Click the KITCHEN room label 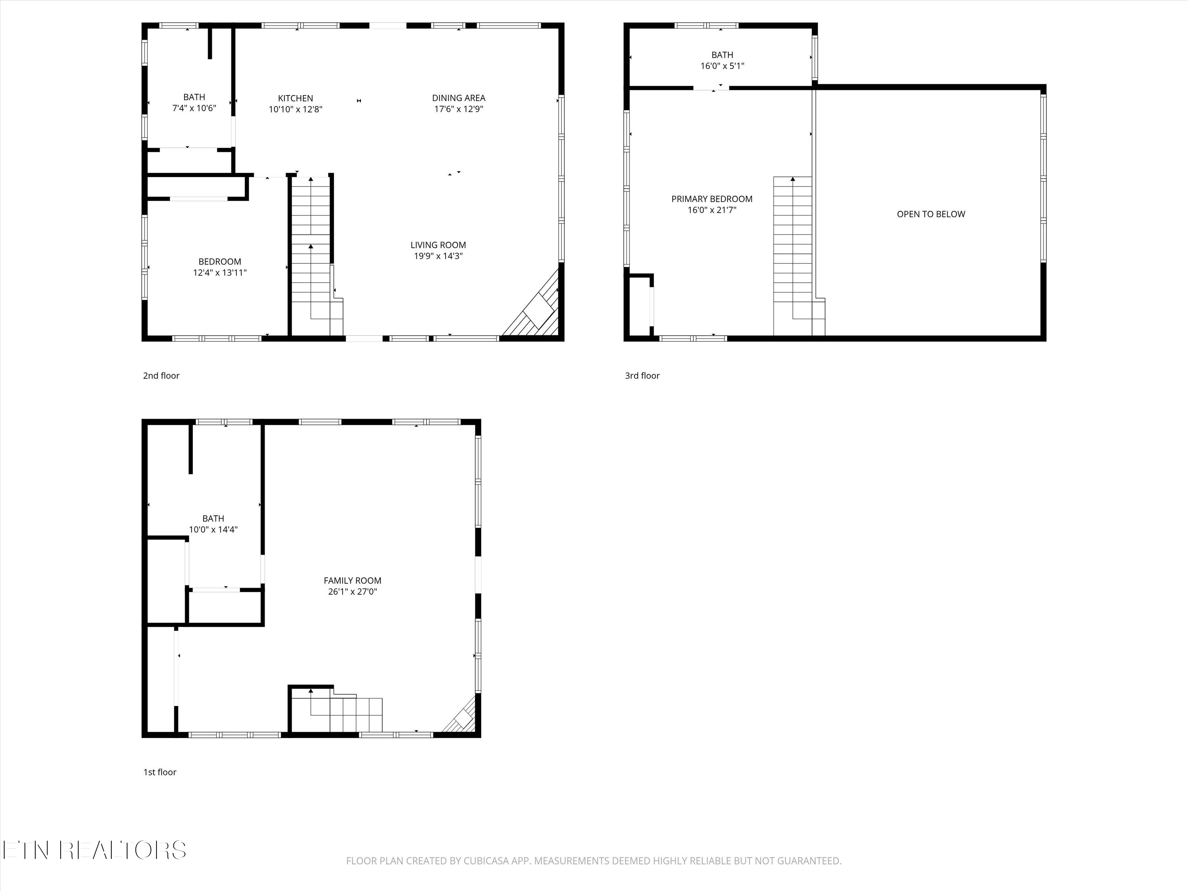pos(295,98)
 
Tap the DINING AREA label pos(458,98)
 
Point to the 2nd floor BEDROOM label pos(220,261)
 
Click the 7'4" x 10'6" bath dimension pos(194,108)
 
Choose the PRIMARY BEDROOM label pos(712,199)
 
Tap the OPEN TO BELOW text pos(931,214)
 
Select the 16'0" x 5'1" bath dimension pos(722,66)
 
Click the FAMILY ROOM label pos(352,581)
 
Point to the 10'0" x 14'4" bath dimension pos(213,529)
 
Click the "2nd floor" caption pos(161,376)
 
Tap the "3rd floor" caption pos(642,376)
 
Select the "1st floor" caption pos(160,772)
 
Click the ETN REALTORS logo pos(94,850)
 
